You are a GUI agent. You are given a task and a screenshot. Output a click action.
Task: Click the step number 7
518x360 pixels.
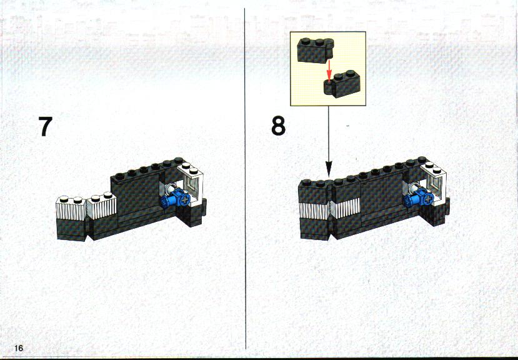click(x=45, y=126)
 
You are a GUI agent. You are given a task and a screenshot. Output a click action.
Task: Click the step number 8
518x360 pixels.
click(x=279, y=126)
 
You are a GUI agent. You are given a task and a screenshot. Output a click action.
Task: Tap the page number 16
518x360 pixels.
click(x=19, y=347)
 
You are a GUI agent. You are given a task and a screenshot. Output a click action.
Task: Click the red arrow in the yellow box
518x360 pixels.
click(x=329, y=71)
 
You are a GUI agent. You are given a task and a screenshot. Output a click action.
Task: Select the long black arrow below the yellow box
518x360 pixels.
click(x=329, y=141)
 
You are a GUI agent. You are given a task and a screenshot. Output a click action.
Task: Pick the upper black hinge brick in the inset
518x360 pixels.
click(x=316, y=50)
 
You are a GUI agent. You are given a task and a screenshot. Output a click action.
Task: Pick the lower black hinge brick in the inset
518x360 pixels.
click(x=342, y=84)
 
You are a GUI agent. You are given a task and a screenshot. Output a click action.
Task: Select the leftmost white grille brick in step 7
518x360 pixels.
click(x=71, y=208)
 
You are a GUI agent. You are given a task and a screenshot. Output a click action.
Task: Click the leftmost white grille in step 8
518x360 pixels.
click(x=314, y=211)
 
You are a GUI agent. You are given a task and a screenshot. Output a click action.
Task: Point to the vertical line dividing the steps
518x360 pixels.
click(x=245, y=179)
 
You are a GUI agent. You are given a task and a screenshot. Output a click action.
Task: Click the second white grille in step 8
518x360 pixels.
click(x=346, y=208)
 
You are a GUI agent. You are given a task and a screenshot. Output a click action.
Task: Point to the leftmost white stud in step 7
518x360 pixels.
click(x=62, y=199)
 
